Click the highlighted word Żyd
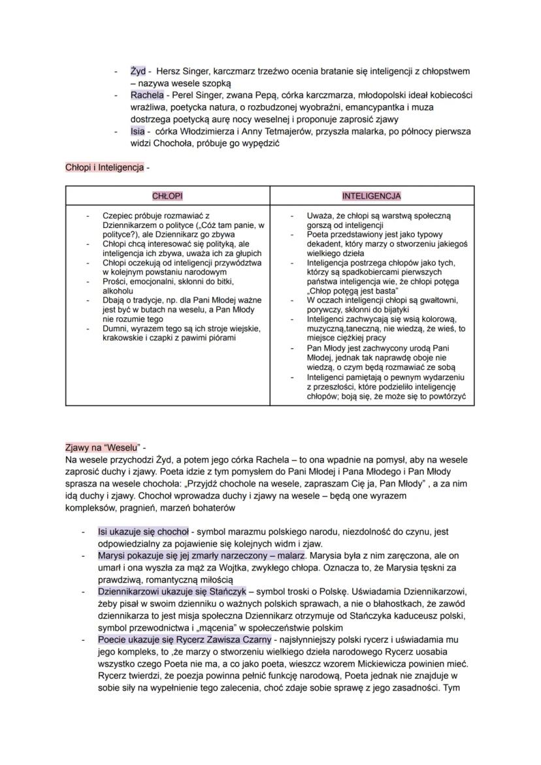[138, 71]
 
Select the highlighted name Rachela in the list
[147, 95]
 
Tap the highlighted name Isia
[137, 131]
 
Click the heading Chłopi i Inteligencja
[104, 167]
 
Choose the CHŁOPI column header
[167, 195]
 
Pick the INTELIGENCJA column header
[372, 195]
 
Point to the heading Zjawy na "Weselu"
[103, 448]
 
